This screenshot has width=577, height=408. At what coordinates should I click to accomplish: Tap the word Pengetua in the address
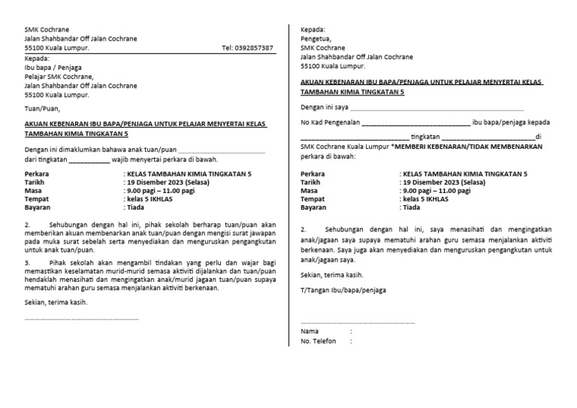click(x=316, y=38)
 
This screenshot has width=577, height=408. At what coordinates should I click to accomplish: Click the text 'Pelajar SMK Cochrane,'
click(x=59, y=76)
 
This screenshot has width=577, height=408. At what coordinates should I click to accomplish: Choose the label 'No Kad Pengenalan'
click(x=330, y=122)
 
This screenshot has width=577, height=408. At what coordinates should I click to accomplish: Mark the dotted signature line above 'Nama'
click(x=357, y=322)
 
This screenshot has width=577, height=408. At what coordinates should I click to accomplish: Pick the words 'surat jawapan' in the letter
click(x=242, y=234)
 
